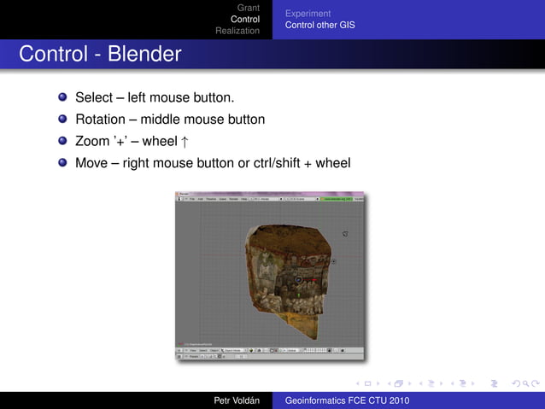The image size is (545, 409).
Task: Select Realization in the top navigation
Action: coord(237,31)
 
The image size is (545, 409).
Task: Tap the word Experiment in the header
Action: coord(308,14)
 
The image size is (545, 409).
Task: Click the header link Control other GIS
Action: coord(319,25)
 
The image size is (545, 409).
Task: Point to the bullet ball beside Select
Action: coord(62,98)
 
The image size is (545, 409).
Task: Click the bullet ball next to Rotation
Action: coord(62,120)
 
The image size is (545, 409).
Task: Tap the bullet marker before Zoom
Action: coord(62,141)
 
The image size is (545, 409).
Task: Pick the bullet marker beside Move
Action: coord(62,162)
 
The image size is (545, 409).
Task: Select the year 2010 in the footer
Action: coord(397,400)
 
